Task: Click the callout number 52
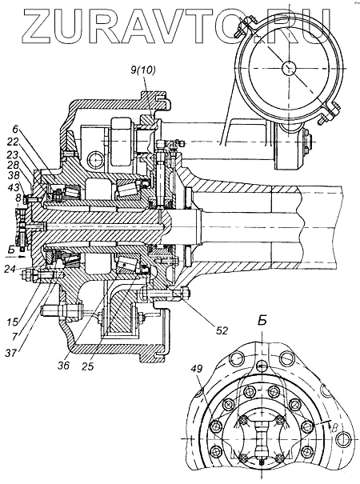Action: click(222, 330)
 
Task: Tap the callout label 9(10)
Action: click(143, 70)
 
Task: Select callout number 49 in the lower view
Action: click(198, 368)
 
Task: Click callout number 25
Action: click(87, 366)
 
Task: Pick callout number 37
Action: click(12, 352)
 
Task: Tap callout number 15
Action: click(11, 322)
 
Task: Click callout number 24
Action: click(10, 269)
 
